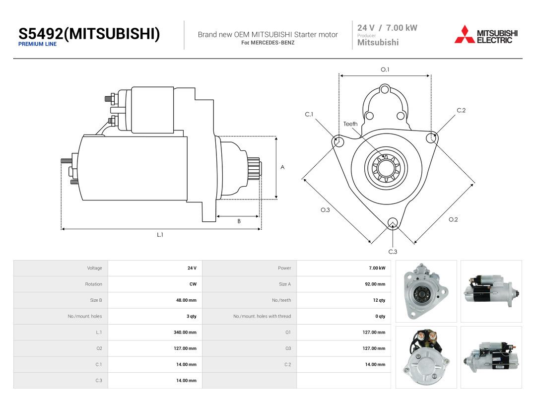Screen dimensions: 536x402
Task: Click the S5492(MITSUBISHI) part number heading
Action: (89, 34)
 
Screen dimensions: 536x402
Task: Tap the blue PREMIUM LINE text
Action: (37, 44)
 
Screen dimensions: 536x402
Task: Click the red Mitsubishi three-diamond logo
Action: (465, 34)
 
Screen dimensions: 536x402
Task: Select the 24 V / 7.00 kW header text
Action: (387, 28)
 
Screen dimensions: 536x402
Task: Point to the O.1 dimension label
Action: (385, 69)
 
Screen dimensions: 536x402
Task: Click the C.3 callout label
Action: (393, 252)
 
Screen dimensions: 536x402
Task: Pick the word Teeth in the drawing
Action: (350, 124)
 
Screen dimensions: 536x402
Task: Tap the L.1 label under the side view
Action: (160, 234)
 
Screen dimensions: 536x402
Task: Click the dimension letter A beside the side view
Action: (282, 167)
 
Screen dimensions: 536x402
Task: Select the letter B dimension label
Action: (239, 221)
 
